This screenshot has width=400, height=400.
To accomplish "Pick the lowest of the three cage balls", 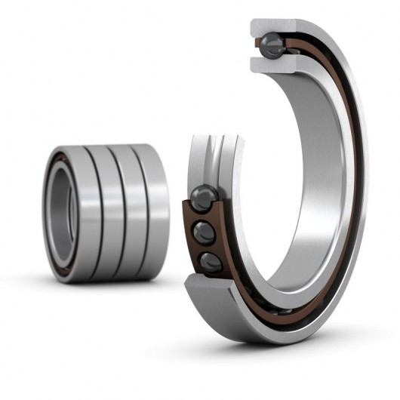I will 211,262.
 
